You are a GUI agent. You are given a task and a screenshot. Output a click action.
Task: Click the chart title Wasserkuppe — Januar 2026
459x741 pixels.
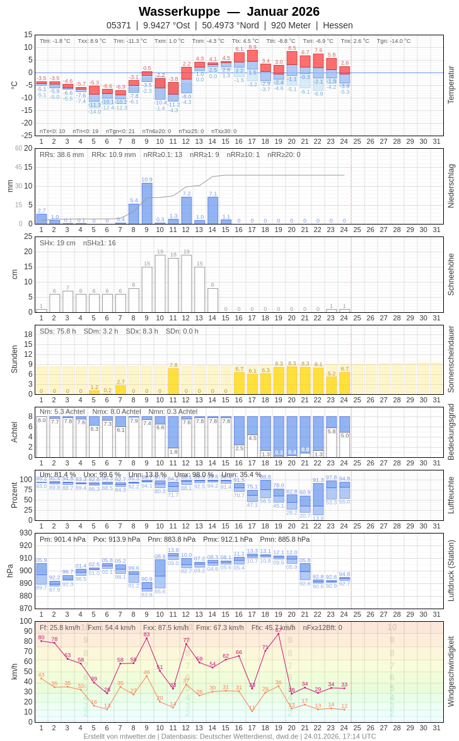229,11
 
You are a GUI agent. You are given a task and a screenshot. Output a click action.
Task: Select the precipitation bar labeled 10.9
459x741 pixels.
147,203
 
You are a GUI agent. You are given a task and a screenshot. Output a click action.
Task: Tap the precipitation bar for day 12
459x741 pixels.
187,211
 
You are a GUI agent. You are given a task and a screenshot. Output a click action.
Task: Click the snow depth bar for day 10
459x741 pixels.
160,283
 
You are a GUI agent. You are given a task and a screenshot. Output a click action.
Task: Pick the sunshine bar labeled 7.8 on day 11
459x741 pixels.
173,381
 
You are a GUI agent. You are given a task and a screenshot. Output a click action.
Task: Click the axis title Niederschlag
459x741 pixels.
451,186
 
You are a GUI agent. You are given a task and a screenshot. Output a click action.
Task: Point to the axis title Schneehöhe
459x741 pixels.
451,274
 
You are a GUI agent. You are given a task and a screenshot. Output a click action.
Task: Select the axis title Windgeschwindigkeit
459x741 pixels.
451,671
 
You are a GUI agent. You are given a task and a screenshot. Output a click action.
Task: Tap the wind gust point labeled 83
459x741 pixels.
147,638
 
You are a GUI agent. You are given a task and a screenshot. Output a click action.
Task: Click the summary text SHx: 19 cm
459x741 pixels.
57,243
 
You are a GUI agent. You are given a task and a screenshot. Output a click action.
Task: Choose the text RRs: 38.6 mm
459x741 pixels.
62,155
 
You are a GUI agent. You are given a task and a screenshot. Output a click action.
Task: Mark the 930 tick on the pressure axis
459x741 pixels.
25,533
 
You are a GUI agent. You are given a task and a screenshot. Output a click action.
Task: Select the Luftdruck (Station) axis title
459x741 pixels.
451,571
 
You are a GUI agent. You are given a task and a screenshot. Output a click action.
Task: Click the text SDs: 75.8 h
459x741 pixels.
58,331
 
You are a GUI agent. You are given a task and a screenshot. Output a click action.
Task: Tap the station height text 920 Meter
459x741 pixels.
291,25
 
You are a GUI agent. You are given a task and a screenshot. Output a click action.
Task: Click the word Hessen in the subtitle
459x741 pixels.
337,25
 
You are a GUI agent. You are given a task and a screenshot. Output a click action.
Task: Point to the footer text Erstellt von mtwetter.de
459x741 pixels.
120,736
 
